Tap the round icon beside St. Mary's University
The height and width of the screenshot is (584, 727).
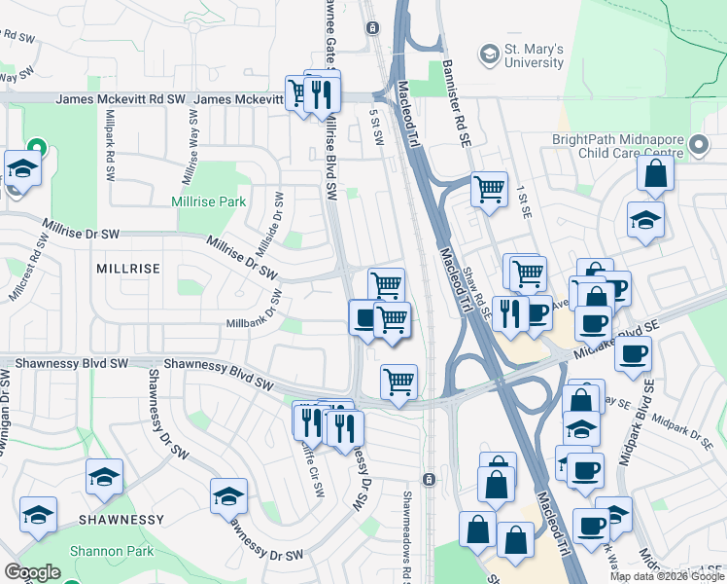coord(489,53)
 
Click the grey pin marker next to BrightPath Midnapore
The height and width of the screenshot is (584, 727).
coord(698,146)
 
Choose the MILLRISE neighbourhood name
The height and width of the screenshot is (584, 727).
coord(127,266)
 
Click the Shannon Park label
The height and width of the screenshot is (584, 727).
coord(112,551)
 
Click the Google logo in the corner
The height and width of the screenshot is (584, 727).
coord(32,572)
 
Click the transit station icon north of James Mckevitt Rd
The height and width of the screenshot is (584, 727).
coord(372,28)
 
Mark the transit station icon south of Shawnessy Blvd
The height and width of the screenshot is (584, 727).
coord(428,479)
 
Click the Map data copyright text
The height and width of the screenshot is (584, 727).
coord(667,576)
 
